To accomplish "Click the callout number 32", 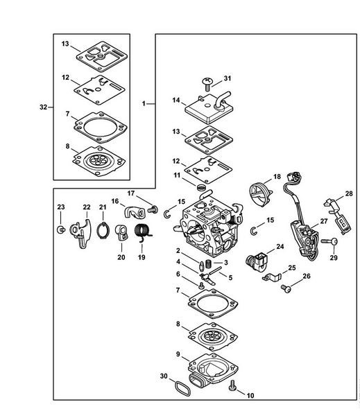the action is tap(43, 107).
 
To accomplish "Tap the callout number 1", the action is tap(144, 103).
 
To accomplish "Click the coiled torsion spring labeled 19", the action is tap(143, 232).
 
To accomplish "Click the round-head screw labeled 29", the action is tap(329, 241).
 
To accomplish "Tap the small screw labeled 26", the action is tap(286, 288).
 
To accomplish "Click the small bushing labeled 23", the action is tap(61, 229).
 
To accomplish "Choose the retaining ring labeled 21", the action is tap(103, 230).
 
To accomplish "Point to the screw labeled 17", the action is tap(153, 209).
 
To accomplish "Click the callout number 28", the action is tap(349, 194).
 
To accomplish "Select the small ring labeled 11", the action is tap(203, 187).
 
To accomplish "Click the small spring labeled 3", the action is tap(209, 263).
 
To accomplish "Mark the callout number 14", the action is tap(176, 101).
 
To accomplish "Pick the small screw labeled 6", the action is tap(202, 286).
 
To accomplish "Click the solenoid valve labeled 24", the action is tap(256, 260).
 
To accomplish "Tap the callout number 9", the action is tap(178, 354).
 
